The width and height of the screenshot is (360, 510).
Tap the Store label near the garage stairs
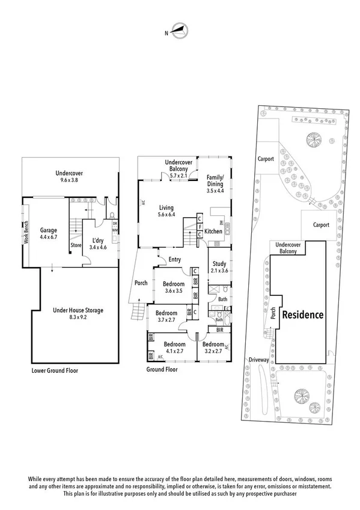coord(76,245)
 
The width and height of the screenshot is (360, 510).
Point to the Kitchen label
coord(213,231)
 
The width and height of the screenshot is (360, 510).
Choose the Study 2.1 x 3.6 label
coord(219,266)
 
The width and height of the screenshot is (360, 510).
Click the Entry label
coord(175,259)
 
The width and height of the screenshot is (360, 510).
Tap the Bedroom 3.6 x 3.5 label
coord(173,287)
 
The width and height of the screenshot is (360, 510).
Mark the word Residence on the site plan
coord(303,315)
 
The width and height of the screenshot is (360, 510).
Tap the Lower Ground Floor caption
coord(55,371)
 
